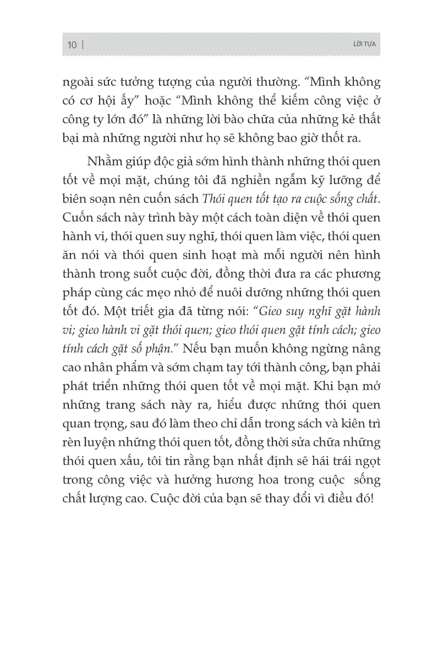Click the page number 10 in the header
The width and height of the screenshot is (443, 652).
point(72,46)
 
